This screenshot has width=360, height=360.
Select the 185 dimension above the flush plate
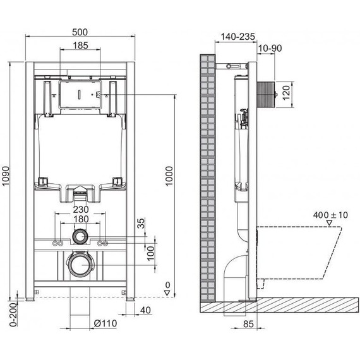click(x=80, y=45)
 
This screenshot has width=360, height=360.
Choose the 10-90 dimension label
click(x=270, y=48)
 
